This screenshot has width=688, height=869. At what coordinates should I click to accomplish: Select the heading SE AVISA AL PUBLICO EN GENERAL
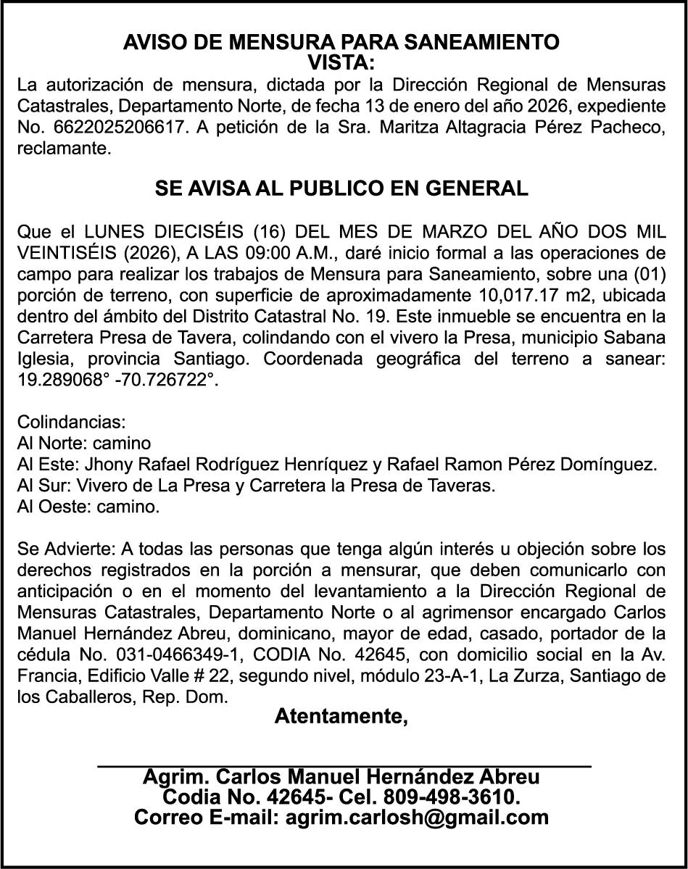[x=341, y=189]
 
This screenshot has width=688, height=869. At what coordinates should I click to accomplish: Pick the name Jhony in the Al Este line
[x=110, y=464]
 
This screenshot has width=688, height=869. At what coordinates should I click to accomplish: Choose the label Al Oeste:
[x=49, y=506]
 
